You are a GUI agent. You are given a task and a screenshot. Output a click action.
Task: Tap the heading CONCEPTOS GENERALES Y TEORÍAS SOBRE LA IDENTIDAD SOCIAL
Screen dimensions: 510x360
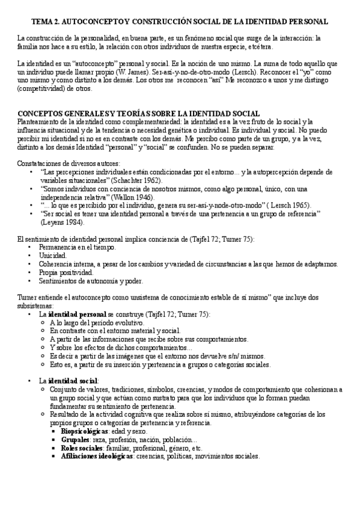point(131,114)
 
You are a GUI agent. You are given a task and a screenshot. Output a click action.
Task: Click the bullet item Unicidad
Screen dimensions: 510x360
point(53,256)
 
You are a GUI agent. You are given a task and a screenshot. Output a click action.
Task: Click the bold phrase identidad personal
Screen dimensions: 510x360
point(78,314)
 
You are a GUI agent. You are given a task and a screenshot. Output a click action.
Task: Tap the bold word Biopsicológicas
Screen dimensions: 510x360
point(84,431)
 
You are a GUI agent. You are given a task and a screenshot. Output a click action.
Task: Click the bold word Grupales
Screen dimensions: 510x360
point(75,440)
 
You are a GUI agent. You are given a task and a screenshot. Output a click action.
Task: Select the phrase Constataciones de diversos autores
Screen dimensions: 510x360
point(68,164)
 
